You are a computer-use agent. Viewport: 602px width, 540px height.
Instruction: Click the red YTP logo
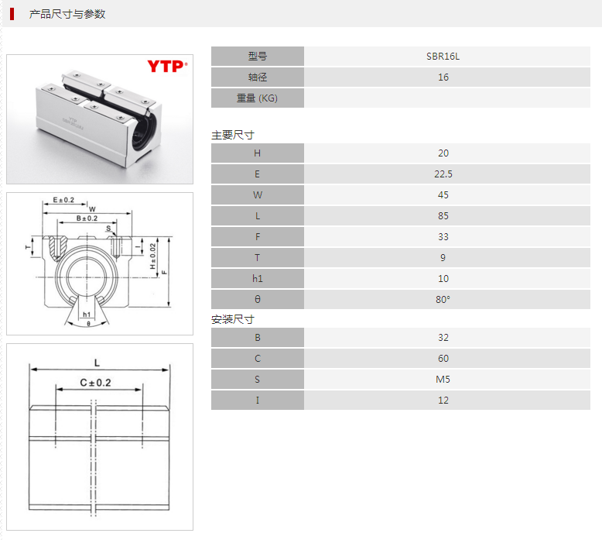point(167,66)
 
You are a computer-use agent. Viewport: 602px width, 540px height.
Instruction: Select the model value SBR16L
point(443,57)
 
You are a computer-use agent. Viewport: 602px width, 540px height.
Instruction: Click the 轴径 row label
point(257,77)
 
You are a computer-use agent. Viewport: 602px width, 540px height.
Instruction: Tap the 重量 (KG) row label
point(257,98)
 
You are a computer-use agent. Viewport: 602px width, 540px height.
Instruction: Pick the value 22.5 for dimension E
point(443,174)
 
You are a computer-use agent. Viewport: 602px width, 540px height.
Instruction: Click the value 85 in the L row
point(443,216)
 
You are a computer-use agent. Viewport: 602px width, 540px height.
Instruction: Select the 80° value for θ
point(443,299)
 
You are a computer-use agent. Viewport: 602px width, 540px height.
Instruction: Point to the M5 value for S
point(443,380)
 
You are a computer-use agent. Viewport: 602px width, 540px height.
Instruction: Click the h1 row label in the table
point(257,279)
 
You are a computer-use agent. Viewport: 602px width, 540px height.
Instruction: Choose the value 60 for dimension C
point(443,359)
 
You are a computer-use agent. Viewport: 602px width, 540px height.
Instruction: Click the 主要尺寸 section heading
point(233,135)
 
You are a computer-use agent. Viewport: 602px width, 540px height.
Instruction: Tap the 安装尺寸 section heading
point(233,319)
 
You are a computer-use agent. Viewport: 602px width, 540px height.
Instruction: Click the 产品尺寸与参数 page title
point(67,14)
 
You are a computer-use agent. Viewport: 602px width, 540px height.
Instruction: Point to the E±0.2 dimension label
point(63,200)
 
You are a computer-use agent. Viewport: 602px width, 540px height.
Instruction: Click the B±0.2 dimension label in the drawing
point(87,218)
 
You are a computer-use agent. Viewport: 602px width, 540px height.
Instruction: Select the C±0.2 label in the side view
point(95,383)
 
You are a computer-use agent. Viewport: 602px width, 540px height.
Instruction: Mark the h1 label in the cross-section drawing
point(87,315)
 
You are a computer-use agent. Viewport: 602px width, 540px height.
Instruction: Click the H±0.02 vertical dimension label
point(152,256)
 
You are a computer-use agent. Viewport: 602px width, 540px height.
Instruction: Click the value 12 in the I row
point(443,401)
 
